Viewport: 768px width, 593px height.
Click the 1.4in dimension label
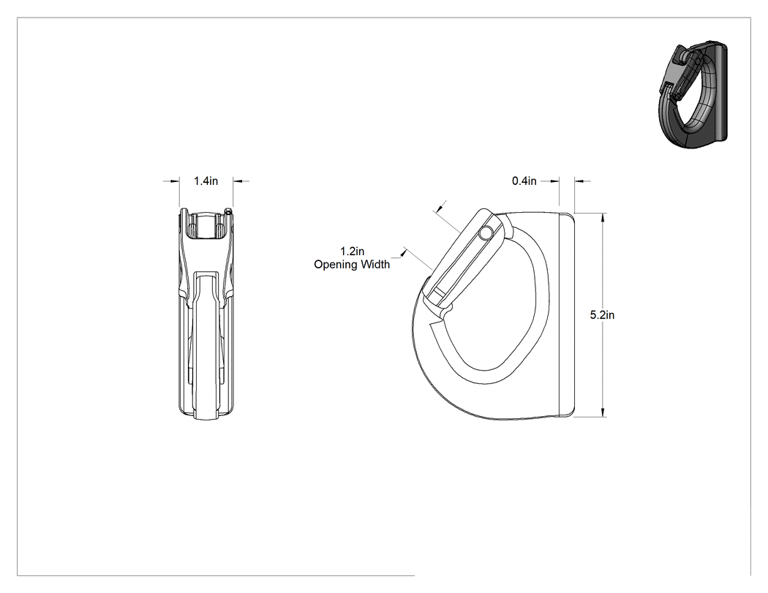click(206, 181)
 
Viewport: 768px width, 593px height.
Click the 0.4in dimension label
click(524, 181)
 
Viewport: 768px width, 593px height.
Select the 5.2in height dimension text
click(602, 315)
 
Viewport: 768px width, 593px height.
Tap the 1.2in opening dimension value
click(352, 252)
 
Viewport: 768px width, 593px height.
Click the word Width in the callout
click(375, 265)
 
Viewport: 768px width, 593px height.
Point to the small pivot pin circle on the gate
click(486, 233)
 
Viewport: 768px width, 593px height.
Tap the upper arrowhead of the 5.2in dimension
click(603, 218)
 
